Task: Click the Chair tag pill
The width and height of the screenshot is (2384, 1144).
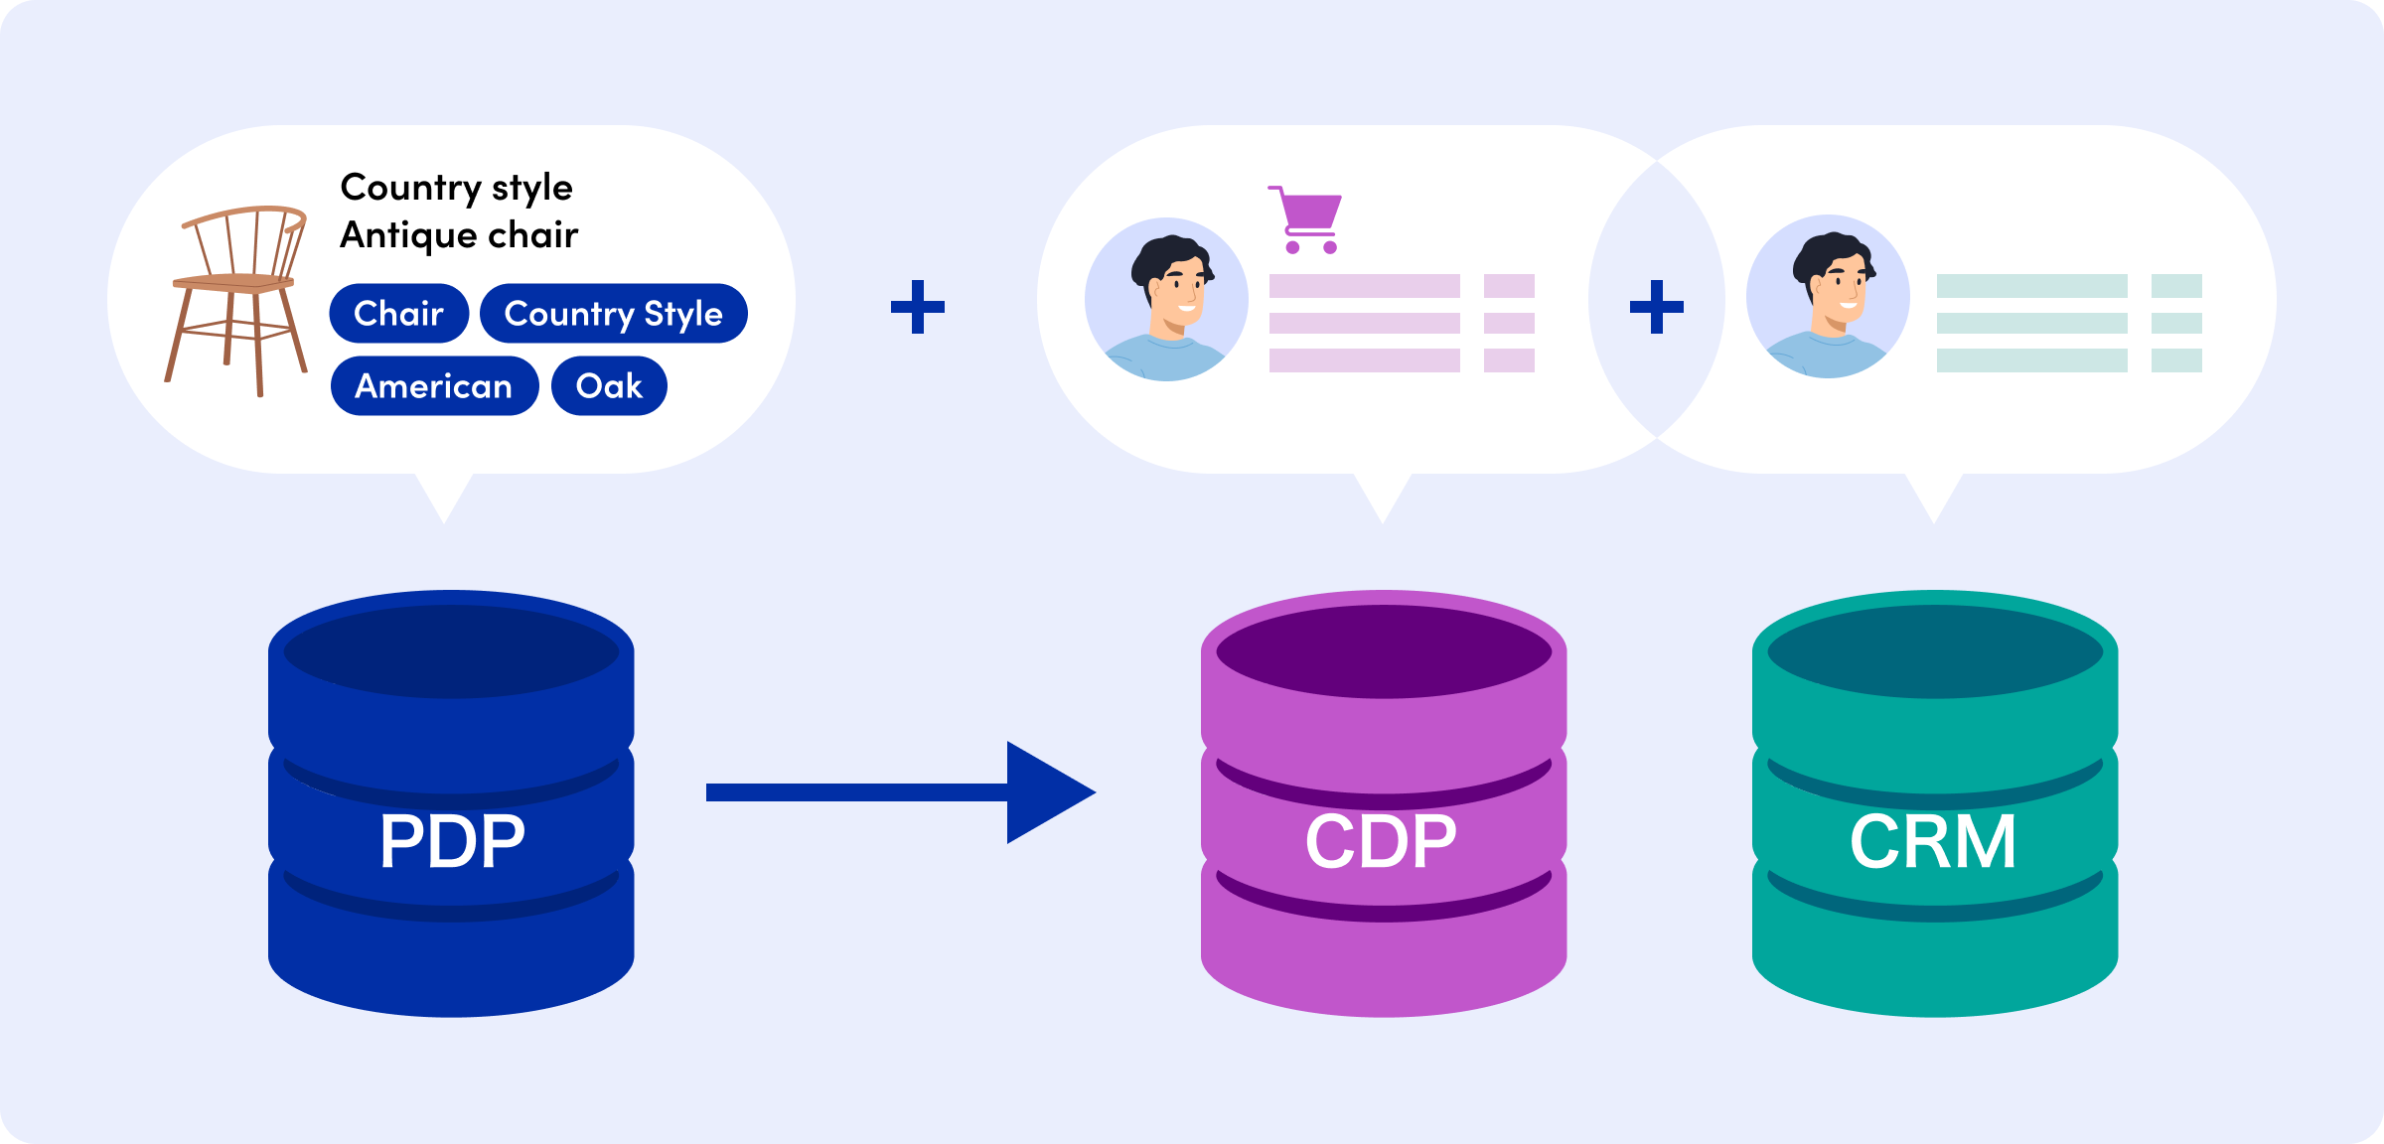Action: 398,314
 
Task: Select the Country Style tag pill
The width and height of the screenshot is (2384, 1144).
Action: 613,314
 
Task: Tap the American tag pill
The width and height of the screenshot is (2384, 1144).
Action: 434,386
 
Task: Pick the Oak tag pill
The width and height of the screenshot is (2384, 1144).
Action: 609,386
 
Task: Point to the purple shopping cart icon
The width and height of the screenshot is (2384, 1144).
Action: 1307,219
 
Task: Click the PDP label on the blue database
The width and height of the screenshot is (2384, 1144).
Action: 452,842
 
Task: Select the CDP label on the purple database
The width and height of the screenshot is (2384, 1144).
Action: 1381,842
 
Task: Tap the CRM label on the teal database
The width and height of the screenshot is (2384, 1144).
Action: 1933,842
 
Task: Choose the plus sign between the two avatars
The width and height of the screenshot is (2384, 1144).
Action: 1657,307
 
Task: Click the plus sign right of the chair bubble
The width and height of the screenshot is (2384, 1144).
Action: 918,307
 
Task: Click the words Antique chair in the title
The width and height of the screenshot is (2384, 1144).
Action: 459,235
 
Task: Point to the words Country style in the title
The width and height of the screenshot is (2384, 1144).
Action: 456,188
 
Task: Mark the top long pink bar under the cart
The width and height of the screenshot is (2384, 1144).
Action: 1364,286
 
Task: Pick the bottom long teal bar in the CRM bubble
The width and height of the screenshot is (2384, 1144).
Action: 2031,360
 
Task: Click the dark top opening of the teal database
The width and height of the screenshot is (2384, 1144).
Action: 1935,652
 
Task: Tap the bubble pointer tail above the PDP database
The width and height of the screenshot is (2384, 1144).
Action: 444,497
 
